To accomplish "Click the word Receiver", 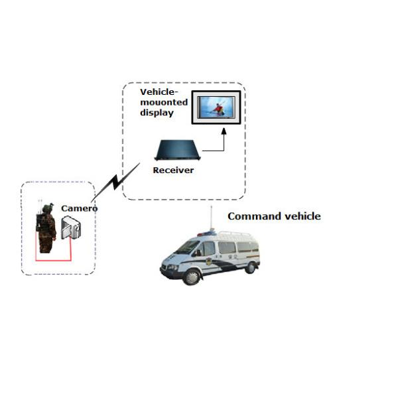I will tap(173, 170).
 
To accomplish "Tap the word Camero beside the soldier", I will tap(80, 208).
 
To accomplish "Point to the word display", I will tap(157, 113).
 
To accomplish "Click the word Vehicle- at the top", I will tap(160, 92).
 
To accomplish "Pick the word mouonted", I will tap(163, 102).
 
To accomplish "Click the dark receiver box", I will tap(176, 151).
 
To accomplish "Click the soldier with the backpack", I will tap(46, 228).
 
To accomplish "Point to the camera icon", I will tap(70, 228).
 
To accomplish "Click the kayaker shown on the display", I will tap(217, 109).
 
